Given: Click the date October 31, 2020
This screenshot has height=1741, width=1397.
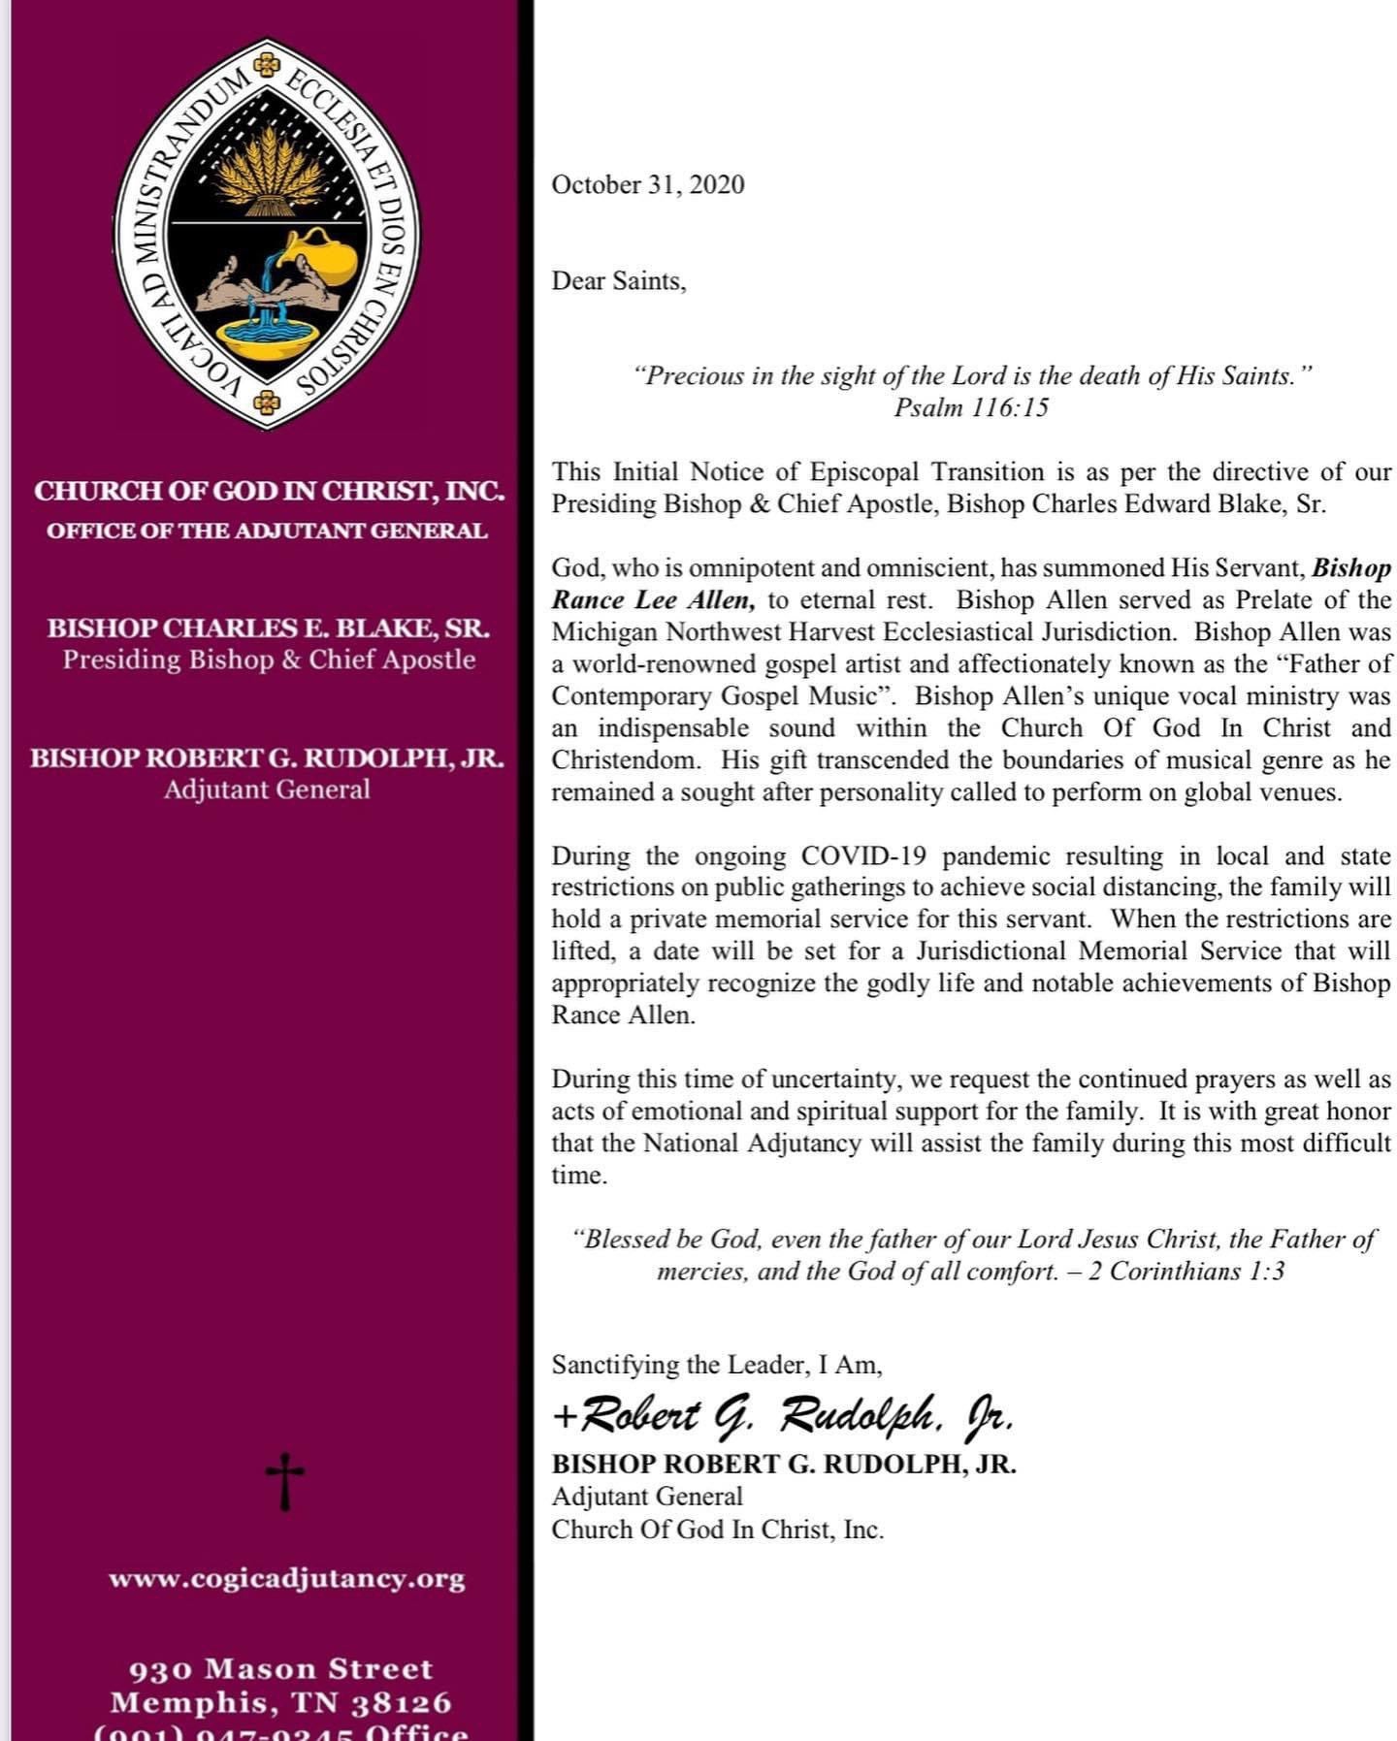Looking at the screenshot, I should click(647, 184).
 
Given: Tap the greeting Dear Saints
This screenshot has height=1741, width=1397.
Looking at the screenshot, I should click(618, 281).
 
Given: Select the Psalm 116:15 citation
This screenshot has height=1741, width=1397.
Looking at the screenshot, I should click(970, 407).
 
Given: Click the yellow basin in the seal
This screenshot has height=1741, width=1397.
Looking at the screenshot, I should click(266, 336).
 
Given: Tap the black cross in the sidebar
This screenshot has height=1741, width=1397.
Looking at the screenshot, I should click(284, 1481).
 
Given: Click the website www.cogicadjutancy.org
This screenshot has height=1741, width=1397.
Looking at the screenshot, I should click(286, 1578).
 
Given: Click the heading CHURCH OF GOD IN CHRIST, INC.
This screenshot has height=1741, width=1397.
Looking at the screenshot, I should click(269, 491).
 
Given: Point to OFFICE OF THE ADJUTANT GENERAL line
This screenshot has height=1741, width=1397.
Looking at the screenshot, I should click(267, 531).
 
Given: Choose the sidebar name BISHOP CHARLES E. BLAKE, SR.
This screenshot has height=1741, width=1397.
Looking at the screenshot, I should click(269, 629).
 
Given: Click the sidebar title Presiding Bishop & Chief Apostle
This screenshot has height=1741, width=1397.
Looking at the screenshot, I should click(269, 660).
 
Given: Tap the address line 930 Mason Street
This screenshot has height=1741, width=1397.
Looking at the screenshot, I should click(280, 1668).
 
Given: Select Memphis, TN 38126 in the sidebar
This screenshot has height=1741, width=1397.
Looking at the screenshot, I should click(280, 1702).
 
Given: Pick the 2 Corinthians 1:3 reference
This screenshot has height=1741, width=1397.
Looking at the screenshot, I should click(1186, 1271).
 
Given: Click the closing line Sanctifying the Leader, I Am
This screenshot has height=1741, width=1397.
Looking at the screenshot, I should click(717, 1365).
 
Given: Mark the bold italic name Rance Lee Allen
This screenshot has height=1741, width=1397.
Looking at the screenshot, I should click(653, 600).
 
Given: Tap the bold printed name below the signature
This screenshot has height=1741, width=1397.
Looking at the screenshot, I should click(784, 1465).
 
